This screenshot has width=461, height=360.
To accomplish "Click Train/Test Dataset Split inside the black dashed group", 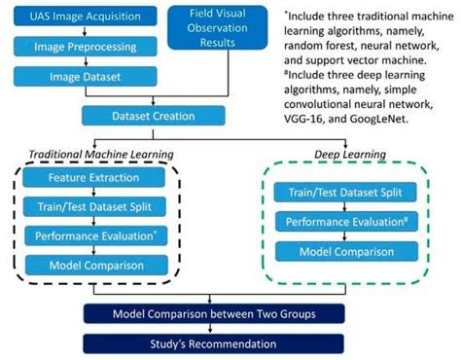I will point(93,208).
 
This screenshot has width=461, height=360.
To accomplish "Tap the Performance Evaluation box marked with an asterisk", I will point(93,236).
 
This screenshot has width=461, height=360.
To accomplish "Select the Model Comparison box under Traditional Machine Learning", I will point(93,265).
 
